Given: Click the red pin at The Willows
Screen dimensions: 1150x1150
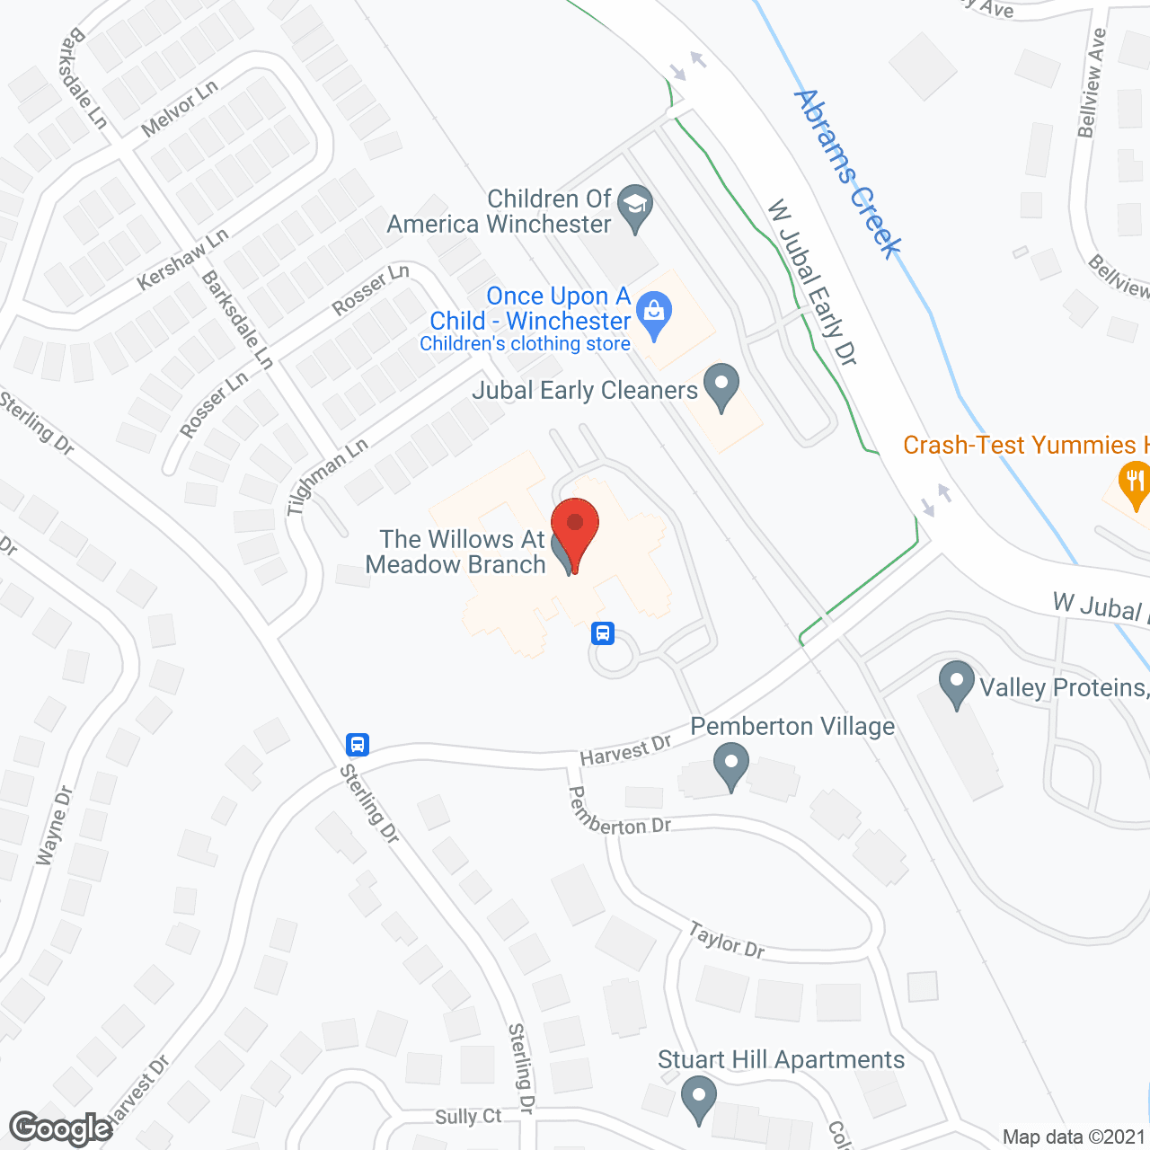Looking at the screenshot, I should [x=575, y=530].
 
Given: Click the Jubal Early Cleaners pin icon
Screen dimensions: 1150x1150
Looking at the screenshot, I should [x=721, y=385].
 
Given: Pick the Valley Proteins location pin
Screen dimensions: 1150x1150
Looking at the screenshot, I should [x=956, y=684].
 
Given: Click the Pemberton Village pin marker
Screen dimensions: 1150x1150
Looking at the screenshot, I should [x=731, y=767].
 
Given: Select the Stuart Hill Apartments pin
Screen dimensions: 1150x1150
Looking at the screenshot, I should [x=698, y=1098].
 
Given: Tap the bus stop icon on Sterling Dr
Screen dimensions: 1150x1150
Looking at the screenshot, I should [x=358, y=744].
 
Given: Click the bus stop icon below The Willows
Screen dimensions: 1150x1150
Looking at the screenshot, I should [x=603, y=632].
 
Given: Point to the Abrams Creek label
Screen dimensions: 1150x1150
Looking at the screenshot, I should [x=848, y=174].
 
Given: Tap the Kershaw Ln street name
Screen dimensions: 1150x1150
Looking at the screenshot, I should [x=183, y=261].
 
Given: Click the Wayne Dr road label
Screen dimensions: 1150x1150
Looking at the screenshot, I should [x=54, y=827].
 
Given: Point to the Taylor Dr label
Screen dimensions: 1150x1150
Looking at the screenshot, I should [x=727, y=941].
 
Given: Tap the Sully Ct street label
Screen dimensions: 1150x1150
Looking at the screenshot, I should [x=468, y=1117].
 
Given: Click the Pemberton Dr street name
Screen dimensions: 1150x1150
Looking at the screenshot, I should [x=619, y=814].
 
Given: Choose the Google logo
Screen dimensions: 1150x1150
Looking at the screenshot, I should [x=61, y=1128].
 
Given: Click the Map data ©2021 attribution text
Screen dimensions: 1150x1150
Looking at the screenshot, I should [x=1075, y=1137].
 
